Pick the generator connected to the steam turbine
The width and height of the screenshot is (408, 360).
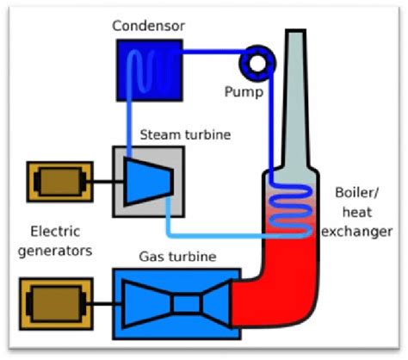(x=58, y=182)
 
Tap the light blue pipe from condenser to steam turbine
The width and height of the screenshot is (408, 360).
(x=129, y=121)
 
